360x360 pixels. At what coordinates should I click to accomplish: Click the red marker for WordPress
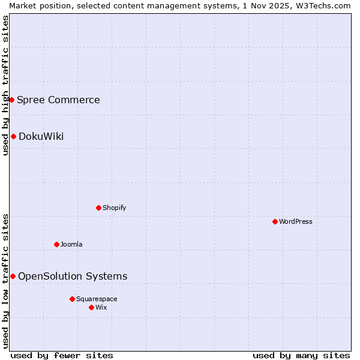point(275,221)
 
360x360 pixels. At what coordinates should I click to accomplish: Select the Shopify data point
point(98,208)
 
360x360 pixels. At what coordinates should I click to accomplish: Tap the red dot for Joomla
point(56,244)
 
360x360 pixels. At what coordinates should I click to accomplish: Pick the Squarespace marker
point(72,299)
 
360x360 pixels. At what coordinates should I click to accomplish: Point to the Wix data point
point(91,307)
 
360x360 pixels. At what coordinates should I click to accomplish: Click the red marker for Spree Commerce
point(11,100)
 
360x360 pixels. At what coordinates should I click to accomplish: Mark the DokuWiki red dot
point(13,136)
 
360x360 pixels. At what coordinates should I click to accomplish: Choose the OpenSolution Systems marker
point(13,276)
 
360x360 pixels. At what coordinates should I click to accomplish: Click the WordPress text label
point(296,221)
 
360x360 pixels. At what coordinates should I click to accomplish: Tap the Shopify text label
point(114,208)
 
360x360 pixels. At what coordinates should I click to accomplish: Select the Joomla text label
point(71,244)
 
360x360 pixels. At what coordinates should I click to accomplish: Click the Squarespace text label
point(97,299)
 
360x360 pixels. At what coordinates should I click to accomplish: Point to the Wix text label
point(101,307)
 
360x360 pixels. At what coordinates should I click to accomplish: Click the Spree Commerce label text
point(58,100)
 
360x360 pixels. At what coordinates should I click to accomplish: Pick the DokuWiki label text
point(41,136)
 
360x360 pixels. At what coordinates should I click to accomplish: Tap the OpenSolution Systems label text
point(73,276)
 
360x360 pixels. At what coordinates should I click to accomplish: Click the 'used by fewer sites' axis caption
point(62,355)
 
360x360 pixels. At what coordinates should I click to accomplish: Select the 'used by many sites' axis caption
point(301,355)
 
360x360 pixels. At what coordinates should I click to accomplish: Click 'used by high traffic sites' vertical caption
point(5,85)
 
